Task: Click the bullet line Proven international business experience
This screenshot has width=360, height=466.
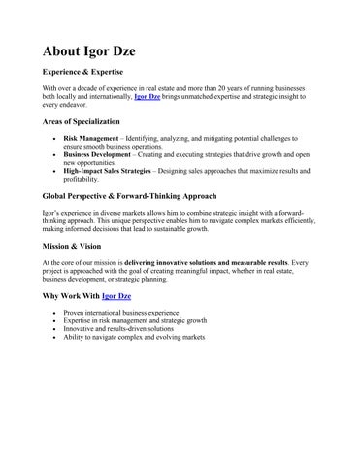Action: pyautogui.click(x=121, y=314)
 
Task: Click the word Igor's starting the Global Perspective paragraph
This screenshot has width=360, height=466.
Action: pyautogui.click(x=53, y=213)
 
